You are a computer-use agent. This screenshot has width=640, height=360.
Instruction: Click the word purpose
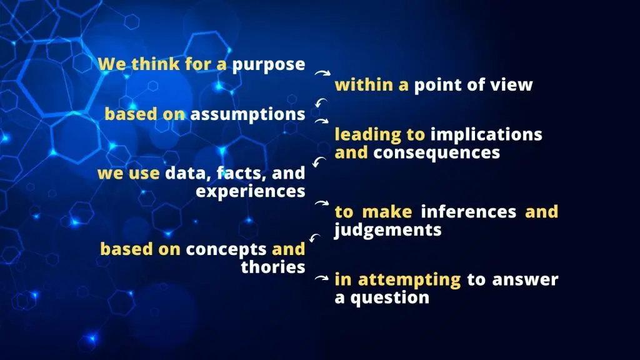[269, 65]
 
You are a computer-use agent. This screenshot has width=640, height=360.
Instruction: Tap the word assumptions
[247, 115]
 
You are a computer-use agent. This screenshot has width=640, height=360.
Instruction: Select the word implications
[486, 136]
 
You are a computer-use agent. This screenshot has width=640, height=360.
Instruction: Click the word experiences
[251, 192]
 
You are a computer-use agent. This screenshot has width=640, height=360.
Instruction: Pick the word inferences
[469, 212]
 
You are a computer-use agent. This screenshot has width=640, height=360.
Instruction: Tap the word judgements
[387, 230]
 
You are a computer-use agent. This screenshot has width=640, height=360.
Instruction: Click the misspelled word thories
[273, 267]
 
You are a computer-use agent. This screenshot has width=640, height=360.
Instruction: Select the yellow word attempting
[409, 281]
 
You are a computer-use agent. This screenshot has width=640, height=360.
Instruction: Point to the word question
[390, 298]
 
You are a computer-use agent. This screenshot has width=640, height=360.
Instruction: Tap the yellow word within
[364, 85]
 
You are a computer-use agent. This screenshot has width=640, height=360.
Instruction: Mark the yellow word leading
[367, 136]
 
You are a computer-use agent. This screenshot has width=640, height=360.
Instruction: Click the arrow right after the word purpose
[322, 73]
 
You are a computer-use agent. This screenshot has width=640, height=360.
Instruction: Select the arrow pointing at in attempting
[322, 278]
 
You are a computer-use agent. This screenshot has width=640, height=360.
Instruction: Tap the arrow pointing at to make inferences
[322, 203]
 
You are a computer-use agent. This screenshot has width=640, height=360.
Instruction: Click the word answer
[525, 280]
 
